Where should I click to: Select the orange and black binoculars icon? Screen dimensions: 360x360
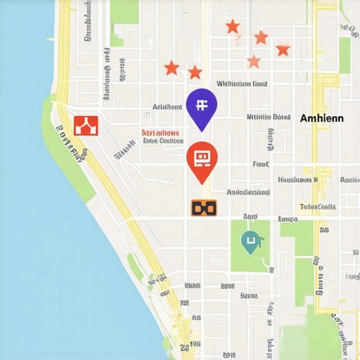[204, 207]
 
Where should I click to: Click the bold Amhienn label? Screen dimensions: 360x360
[322, 118]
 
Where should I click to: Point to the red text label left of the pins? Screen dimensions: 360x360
[160, 132]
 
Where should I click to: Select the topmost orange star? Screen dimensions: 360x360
[233, 27]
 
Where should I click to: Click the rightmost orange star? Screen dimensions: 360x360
[283, 50]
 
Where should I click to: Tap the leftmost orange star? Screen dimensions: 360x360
[171, 68]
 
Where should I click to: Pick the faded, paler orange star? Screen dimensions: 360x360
[254, 62]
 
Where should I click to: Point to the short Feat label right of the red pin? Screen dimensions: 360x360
[261, 164]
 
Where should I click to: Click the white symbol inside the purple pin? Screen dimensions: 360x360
[202, 105]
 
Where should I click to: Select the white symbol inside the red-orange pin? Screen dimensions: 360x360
[202, 156]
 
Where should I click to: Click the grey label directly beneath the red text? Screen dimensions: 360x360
[162, 141]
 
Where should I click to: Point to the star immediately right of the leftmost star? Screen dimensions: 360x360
[195, 72]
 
